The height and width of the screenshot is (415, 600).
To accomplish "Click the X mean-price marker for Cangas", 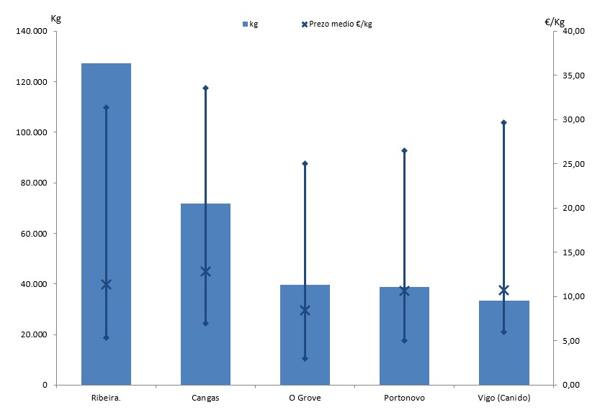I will click(205, 271).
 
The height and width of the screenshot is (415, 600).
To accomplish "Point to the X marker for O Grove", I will click(305, 310).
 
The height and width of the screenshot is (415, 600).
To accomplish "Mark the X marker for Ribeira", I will click(106, 284).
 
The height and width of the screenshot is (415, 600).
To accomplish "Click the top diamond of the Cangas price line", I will click(205, 88).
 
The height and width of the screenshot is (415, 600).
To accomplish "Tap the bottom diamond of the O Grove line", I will click(305, 358).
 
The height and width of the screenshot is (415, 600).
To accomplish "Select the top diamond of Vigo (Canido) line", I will click(503, 122).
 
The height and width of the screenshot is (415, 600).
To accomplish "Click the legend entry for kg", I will click(250, 24).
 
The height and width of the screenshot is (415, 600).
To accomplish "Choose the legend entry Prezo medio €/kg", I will click(336, 24).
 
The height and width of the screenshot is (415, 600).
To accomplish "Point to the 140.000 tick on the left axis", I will click(31, 32).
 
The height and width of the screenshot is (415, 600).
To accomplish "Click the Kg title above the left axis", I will click(56, 18).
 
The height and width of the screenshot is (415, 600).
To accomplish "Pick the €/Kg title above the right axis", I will click(555, 22).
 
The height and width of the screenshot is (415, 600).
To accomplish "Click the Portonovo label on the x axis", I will click(404, 398).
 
